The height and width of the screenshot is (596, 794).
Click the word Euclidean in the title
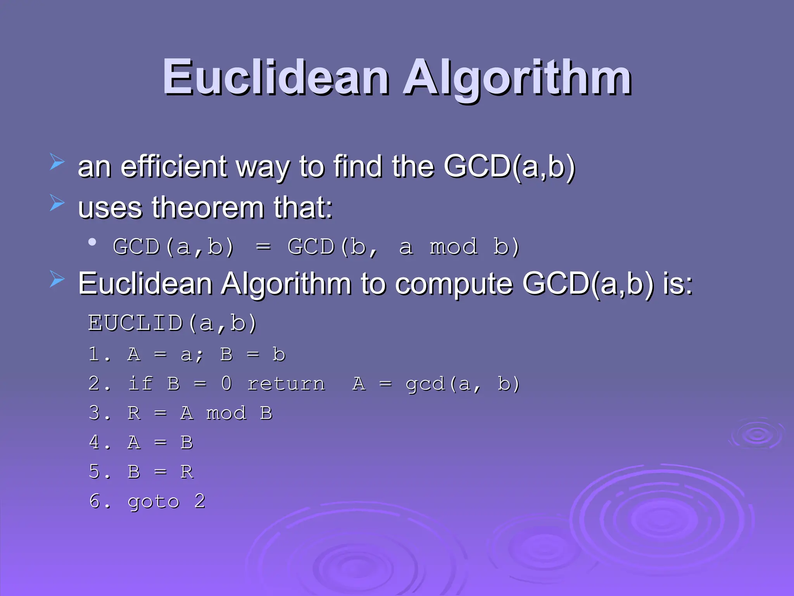coord(275,78)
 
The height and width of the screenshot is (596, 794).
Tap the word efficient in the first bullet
coord(173,167)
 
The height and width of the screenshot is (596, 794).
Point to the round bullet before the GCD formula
coord(92,243)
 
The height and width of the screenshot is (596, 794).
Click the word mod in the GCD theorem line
coord(453,247)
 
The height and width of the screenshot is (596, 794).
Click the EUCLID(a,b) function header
coord(172,323)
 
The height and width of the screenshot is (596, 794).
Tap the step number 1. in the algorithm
coord(98,354)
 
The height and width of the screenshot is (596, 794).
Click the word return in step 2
coord(286,384)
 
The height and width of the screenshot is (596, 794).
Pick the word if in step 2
coord(140,384)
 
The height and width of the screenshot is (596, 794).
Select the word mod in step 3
coord(226,413)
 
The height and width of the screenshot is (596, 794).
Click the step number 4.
coord(98,442)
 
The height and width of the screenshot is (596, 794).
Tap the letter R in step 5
coord(186,472)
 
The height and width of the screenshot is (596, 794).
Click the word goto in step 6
coord(154,502)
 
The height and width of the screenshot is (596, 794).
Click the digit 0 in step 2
coord(226,384)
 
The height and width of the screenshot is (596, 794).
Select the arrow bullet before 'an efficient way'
coord(57,162)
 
